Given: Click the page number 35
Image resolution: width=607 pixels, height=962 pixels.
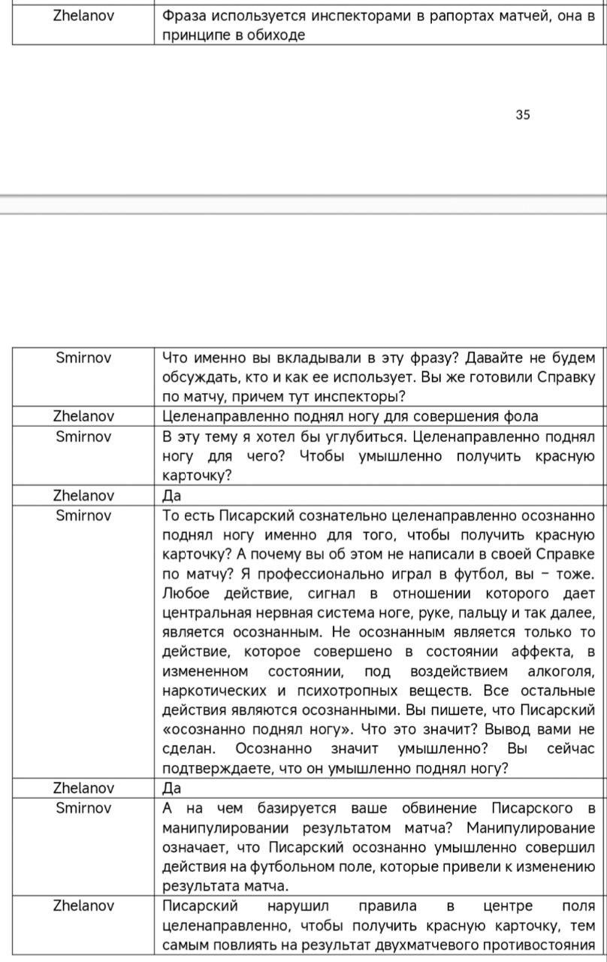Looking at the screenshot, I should pos(523,115).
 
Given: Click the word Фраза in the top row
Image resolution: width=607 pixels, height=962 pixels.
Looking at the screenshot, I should pos(184,16).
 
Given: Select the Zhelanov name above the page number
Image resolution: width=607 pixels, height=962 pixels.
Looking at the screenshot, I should pos(83,16).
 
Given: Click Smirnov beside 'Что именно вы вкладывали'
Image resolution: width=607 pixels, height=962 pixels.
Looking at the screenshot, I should pos(83,358).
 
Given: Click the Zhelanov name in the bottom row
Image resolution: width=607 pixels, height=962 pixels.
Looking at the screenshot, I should pos(83,906).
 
